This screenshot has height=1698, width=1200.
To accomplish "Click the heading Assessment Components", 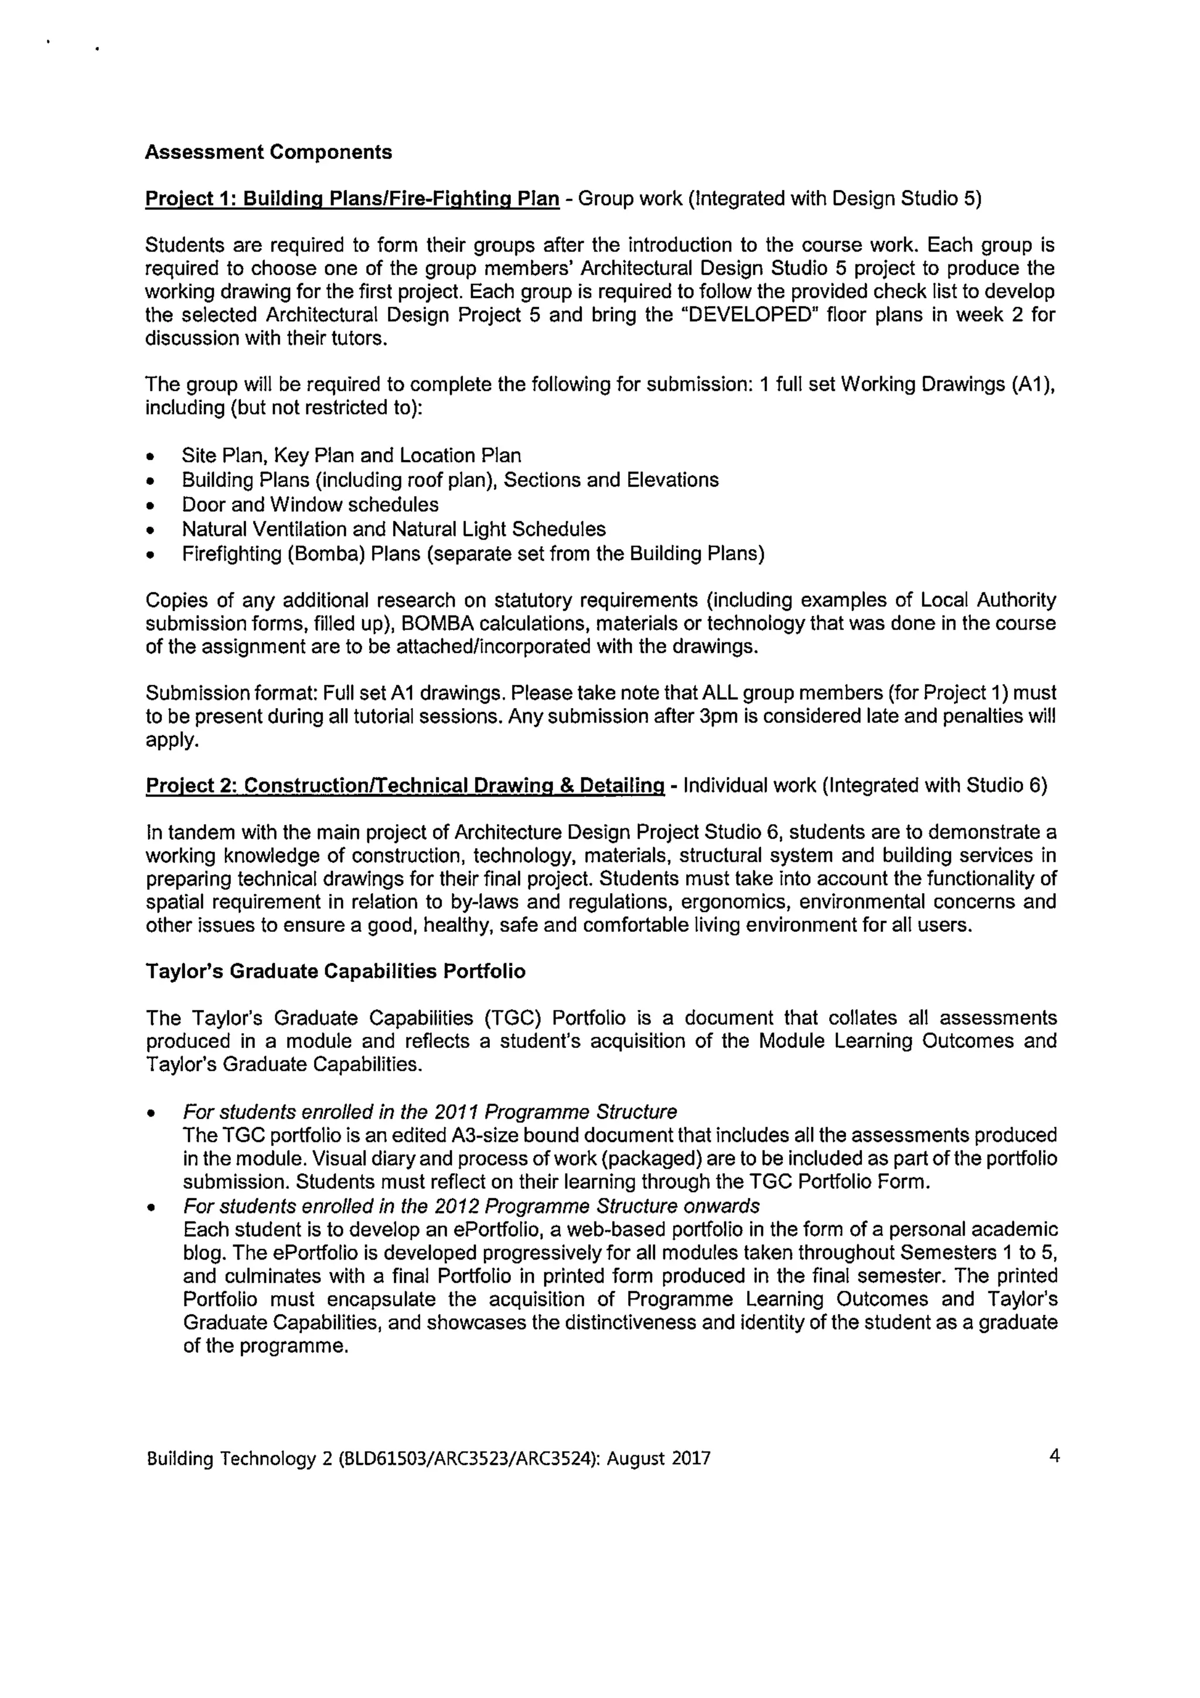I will pyautogui.click(x=268, y=152).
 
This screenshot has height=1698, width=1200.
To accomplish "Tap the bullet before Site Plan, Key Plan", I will pyautogui.click(x=152, y=457).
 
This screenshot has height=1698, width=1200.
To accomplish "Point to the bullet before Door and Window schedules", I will pyautogui.click(x=152, y=506).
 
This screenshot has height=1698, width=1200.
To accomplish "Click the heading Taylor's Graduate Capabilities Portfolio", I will pyautogui.click(x=335, y=971).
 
